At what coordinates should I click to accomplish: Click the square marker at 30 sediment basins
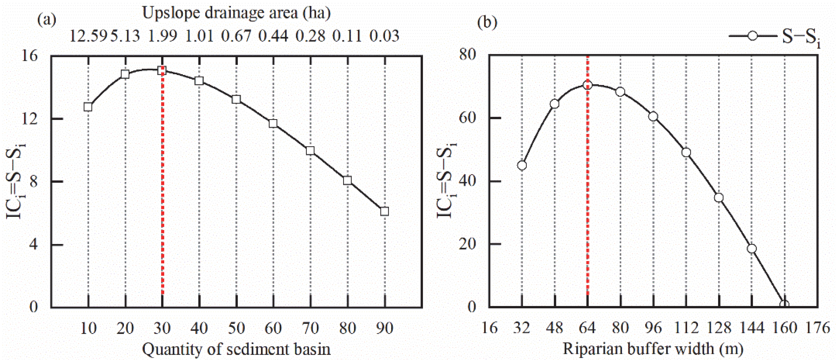162,71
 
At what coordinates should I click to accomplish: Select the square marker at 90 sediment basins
384,211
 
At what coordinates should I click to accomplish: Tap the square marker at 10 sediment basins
88,107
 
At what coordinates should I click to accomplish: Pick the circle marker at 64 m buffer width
588,85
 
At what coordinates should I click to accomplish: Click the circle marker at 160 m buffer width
784,305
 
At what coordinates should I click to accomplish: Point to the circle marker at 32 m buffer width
522,165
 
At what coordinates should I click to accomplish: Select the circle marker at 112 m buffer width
686,152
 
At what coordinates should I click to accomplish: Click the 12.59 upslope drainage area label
88,36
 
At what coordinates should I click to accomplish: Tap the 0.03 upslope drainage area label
384,36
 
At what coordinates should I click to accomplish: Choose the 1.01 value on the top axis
199,36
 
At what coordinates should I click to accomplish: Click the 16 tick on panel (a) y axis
29,56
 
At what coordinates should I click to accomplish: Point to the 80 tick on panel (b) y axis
467,55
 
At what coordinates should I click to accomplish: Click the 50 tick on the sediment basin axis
236,329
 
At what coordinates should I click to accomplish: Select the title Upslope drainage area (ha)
236,13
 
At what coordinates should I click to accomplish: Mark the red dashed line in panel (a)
163,195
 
